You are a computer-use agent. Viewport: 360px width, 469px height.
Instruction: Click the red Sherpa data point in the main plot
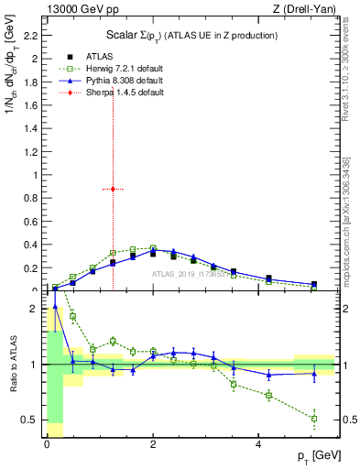(113, 189)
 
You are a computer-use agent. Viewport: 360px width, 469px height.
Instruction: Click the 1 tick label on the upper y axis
(35, 175)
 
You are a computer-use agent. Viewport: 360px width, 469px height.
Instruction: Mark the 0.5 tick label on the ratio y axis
(30, 420)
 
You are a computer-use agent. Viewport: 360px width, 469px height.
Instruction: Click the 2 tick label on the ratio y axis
(35, 309)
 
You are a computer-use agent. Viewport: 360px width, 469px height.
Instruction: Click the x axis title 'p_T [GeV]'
(314, 456)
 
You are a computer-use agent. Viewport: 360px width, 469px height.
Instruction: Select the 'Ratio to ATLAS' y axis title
(11, 365)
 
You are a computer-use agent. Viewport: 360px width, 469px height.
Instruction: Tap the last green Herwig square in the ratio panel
(314, 419)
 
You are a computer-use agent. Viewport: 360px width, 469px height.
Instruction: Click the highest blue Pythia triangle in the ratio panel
(55, 307)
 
